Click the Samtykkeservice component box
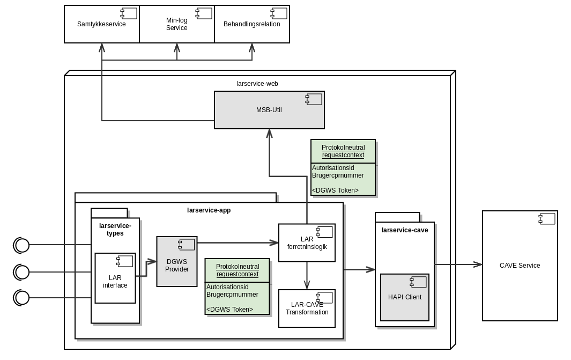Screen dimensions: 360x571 (101, 24)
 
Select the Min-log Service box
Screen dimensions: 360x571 (176, 24)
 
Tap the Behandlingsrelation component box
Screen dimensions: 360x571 (251, 24)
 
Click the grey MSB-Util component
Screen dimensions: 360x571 (269, 110)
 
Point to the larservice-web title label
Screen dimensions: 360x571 (257, 84)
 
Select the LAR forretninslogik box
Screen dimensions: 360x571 (307, 243)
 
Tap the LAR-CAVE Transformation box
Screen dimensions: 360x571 (307, 308)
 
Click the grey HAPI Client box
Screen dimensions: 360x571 (405, 297)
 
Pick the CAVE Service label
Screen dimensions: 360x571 (520, 266)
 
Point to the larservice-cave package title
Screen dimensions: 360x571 (405, 230)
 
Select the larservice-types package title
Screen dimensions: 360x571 (115, 230)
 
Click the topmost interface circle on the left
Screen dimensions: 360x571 (22, 245)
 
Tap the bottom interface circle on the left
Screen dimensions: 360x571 (22, 297)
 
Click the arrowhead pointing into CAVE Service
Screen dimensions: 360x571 (478, 265)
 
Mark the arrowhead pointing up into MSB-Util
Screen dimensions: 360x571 (269, 134)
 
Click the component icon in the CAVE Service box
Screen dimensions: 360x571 (547, 218)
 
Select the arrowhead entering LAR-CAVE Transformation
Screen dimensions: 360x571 (307, 285)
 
